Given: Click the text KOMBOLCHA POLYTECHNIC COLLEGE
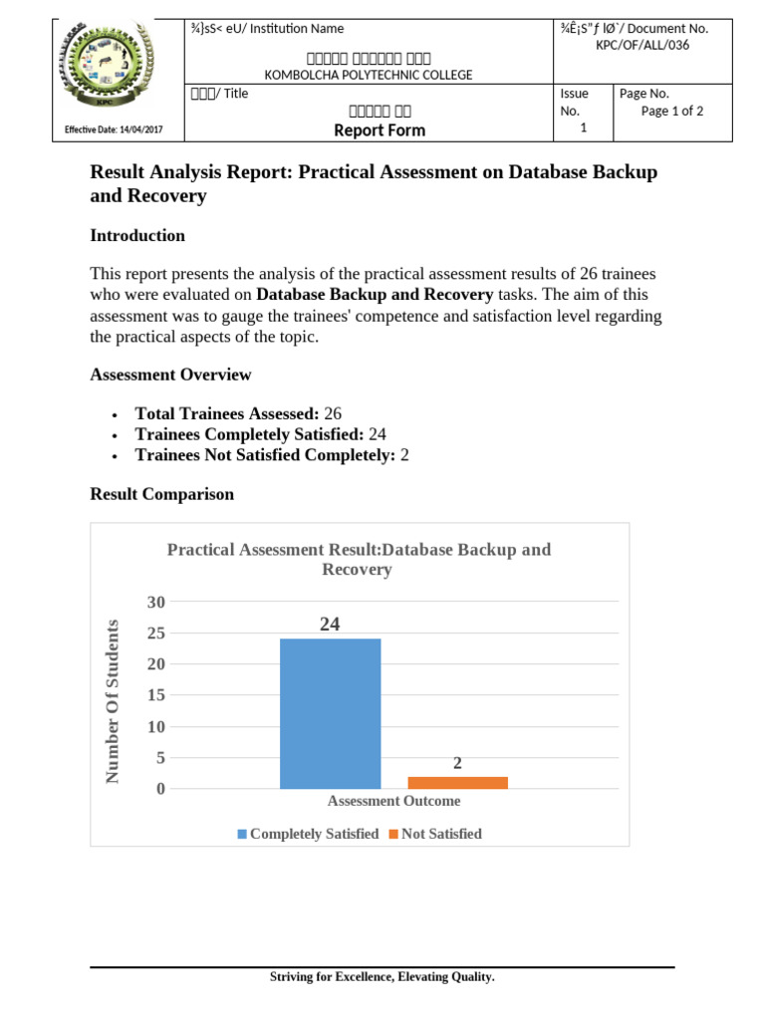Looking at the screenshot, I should coord(368,75).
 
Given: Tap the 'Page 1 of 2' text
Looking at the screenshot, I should coord(672,112).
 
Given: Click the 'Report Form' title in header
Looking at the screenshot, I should coord(379,130).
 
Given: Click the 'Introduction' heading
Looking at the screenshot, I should coord(137,236).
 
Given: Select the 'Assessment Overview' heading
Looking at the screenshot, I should coord(170,375).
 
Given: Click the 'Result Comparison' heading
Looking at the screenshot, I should coord(162,494).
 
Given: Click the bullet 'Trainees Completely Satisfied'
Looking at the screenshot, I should coord(260,433).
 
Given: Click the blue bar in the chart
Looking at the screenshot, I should coord(330,713).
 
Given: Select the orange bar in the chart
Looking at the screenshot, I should coord(457,782).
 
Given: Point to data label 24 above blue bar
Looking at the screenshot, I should coord(330,625).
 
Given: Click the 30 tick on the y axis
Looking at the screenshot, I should coord(155,602).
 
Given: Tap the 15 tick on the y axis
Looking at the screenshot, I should coord(155,695).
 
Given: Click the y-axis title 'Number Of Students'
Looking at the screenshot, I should coord(113,700).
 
